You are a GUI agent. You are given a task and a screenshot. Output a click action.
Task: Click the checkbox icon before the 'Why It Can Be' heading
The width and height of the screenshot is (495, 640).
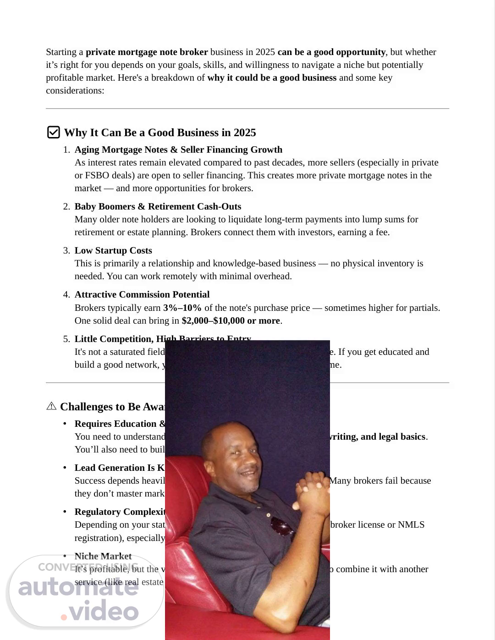pyautogui.click(x=53, y=132)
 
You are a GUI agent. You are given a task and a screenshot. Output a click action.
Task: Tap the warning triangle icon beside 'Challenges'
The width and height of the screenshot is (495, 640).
pyautogui.click(x=51, y=406)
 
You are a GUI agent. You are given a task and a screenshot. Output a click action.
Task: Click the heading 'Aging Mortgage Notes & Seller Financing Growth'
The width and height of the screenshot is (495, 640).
pyautogui.click(x=178, y=149)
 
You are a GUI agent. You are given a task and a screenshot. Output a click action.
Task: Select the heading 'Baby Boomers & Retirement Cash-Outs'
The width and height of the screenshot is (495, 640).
pyautogui.click(x=158, y=206)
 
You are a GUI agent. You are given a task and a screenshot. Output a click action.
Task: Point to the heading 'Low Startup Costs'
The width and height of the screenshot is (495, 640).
pyautogui.click(x=113, y=250)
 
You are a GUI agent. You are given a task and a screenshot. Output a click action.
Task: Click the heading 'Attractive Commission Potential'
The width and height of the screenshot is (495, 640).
pyautogui.click(x=142, y=294)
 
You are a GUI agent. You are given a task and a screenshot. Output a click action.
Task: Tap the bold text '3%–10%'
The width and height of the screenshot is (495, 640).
pyautogui.click(x=182, y=308)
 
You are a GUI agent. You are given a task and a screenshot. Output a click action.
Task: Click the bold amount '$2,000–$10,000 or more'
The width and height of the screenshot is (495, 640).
pyautogui.click(x=231, y=320)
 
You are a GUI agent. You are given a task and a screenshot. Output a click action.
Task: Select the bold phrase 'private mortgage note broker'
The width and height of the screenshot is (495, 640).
pyautogui.click(x=147, y=52)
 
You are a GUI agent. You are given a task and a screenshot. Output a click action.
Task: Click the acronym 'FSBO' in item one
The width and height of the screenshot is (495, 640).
pyautogui.click(x=87, y=175)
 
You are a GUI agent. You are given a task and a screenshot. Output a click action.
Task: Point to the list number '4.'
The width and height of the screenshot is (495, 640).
pyautogui.click(x=66, y=294)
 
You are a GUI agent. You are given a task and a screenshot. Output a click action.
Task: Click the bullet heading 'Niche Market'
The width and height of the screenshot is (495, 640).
pyautogui.click(x=103, y=556)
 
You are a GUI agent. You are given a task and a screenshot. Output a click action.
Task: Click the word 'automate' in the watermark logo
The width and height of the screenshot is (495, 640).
pyautogui.click(x=78, y=587)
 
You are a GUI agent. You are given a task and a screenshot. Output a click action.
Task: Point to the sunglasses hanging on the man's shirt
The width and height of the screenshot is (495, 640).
pyautogui.click(x=282, y=527)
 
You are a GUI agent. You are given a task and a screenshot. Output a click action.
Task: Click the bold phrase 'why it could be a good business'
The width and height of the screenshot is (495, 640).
pyautogui.click(x=272, y=77)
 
